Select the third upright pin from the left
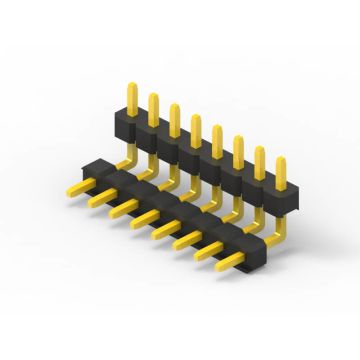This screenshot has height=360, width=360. point(174,117)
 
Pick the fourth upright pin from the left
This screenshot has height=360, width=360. point(195,128)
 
